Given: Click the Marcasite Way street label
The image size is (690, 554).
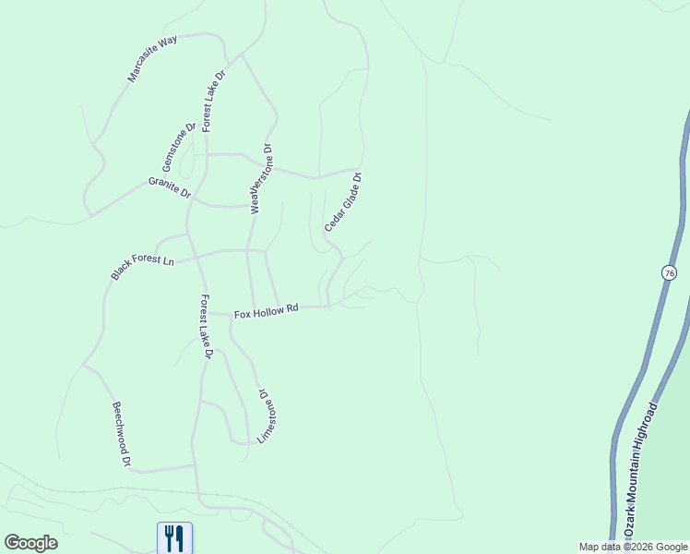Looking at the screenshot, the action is pos(152,60).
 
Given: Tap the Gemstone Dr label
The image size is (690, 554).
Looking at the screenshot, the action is pos(179,147).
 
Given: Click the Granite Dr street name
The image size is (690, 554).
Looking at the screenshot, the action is pos(169,187).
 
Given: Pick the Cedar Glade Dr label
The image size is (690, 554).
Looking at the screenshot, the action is pos(342,202).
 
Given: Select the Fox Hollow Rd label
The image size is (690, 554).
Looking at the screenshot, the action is pos(267,313).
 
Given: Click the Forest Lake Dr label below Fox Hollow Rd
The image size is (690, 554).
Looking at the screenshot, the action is pos(207,327).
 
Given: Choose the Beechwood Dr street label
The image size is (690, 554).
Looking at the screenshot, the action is pos(122,433).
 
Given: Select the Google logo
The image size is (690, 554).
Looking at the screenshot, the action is pos(30,543).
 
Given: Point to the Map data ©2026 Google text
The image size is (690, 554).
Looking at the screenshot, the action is pos(633,547).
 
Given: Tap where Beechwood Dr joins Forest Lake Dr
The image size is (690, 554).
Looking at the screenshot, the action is pos(194,466).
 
